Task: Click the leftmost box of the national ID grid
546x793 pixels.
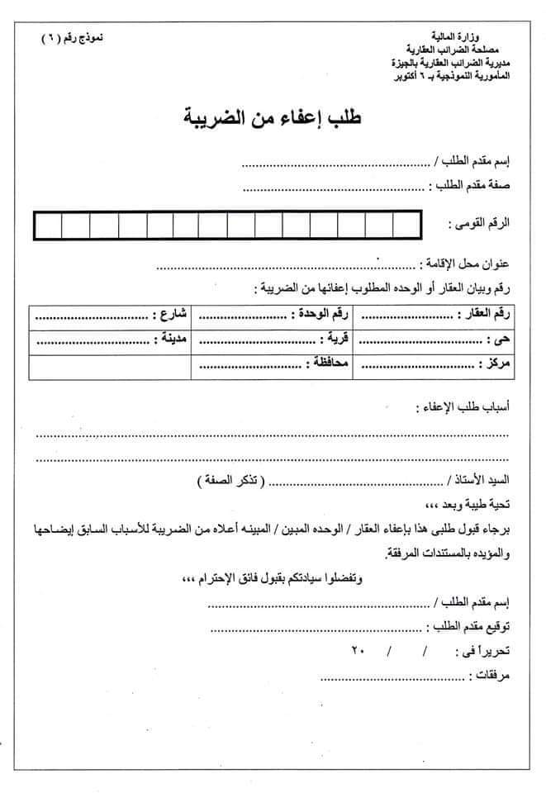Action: click(x=45, y=225)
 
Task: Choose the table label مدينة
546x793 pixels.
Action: click(x=172, y=340)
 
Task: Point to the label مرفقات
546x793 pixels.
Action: click(x=489, y=676)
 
